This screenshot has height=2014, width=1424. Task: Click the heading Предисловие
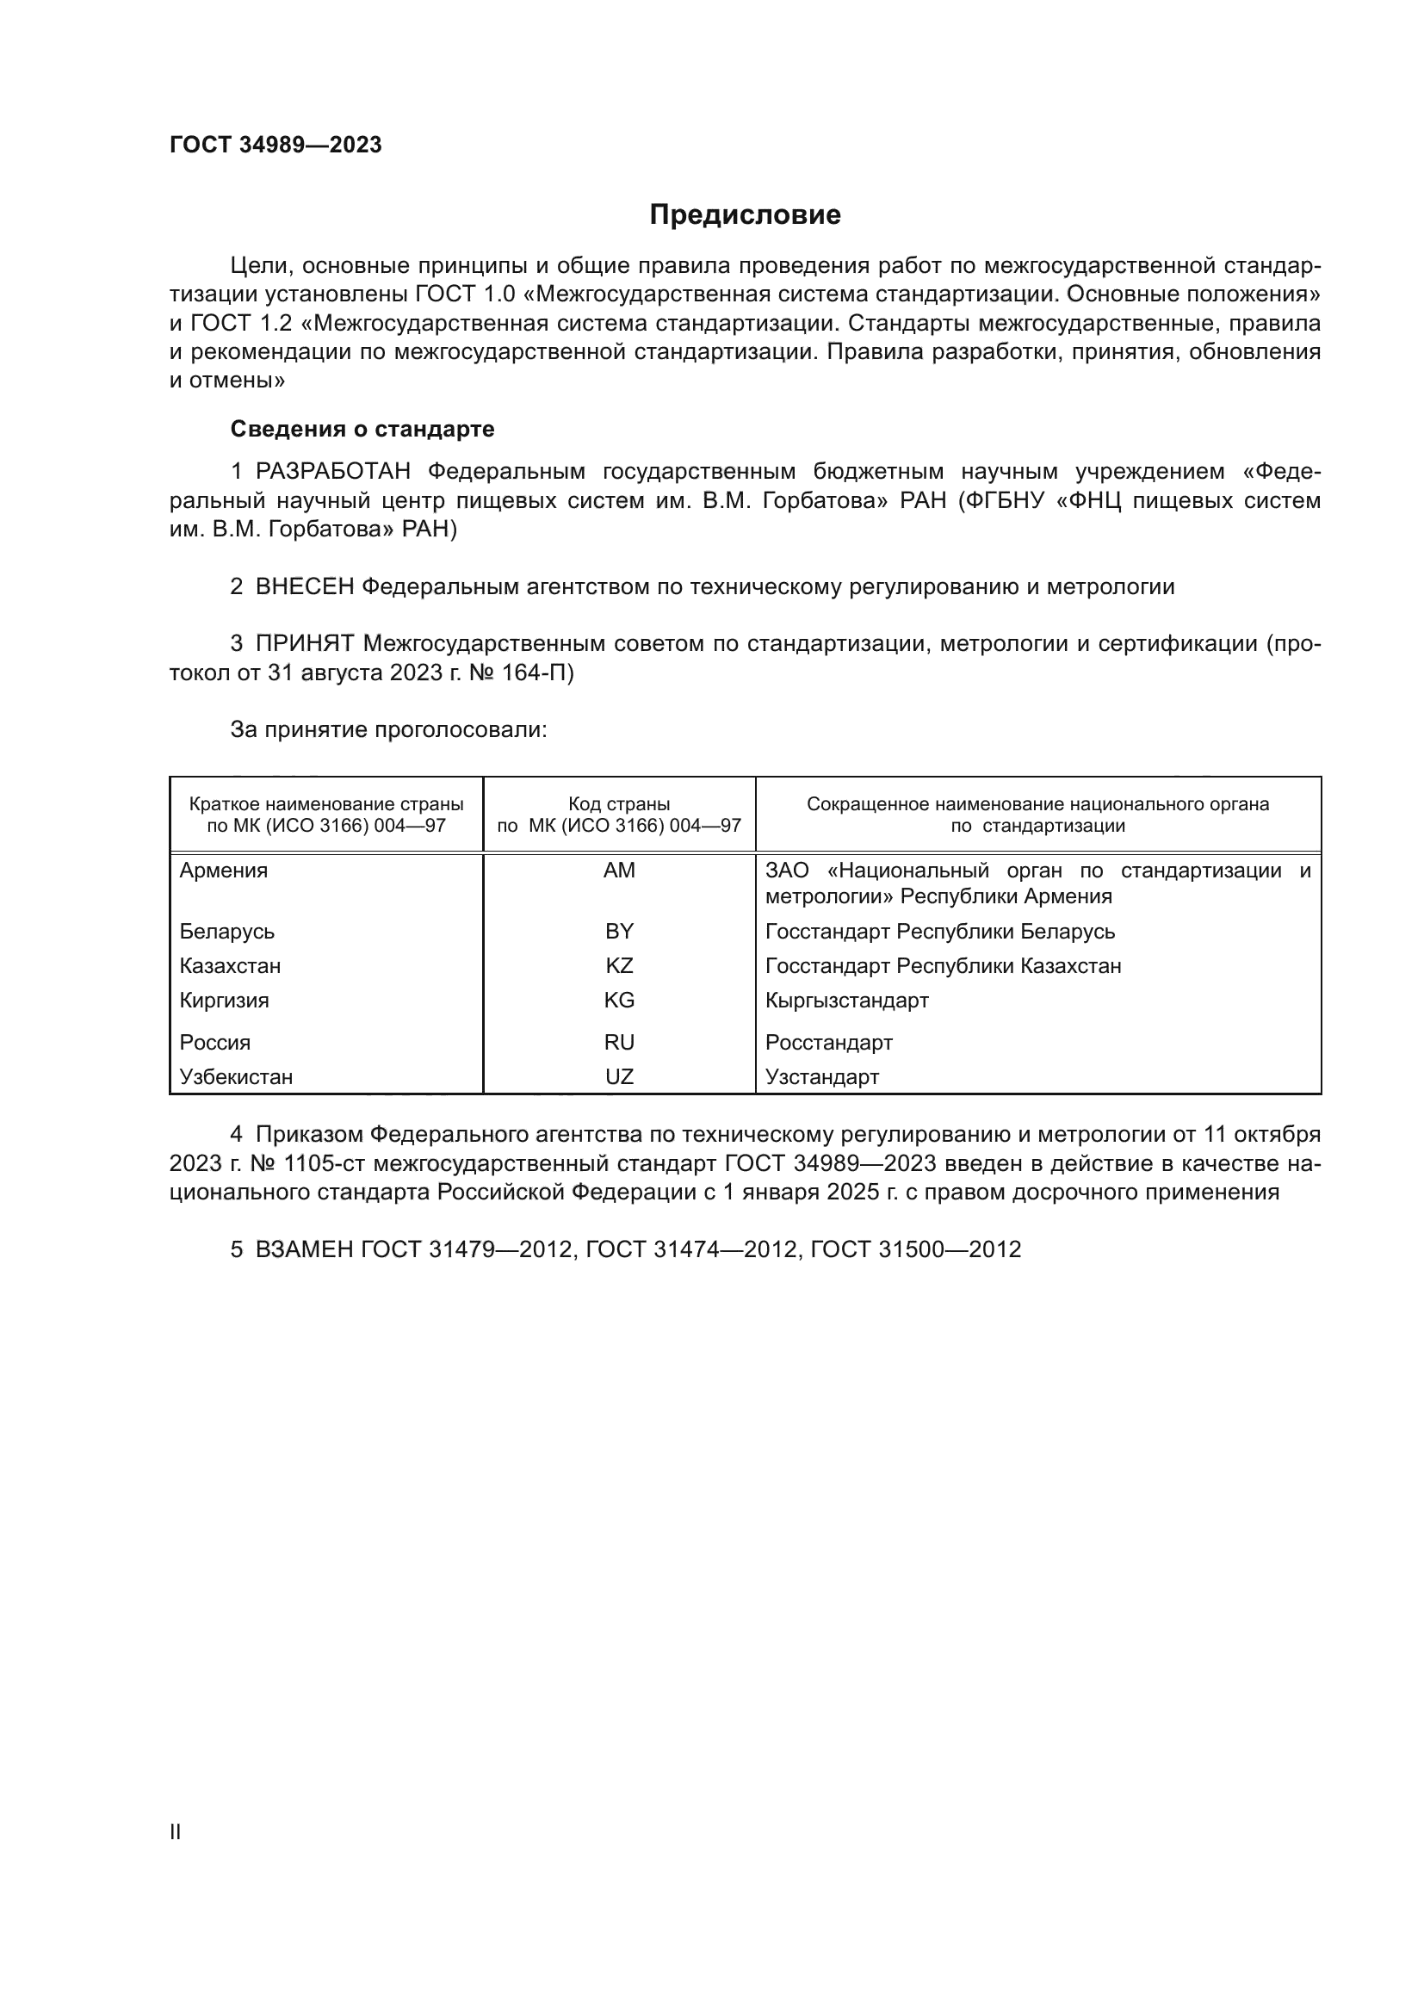click(745, 215)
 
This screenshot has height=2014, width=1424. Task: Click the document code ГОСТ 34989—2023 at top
click(276, 146)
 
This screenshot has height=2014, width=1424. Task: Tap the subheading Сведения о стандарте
click(362, 429)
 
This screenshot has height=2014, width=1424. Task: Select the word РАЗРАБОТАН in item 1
click(332, 472)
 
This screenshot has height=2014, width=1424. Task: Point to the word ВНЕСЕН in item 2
click(304, 587)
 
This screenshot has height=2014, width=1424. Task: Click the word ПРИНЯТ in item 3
click(304, 644)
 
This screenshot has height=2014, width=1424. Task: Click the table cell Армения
click(224, 871)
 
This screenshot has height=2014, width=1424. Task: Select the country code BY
click(619, 932)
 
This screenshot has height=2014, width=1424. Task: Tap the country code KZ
click(619, 966)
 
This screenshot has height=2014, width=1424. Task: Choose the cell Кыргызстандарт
click(846, 1001)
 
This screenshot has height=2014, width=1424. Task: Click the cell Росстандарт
click(828, 1043)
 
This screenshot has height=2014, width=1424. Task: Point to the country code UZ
click(619, 1077)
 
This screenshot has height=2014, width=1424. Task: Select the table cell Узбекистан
click(236, 1077)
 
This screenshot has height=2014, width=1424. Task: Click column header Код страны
click(619, 804)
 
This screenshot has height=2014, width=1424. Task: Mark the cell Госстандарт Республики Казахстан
click(943, 966)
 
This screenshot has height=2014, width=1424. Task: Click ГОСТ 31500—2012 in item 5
click(915, 1250)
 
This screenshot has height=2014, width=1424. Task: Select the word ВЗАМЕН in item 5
click(304, 1250)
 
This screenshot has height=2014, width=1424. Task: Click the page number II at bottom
click(176, 1832)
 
